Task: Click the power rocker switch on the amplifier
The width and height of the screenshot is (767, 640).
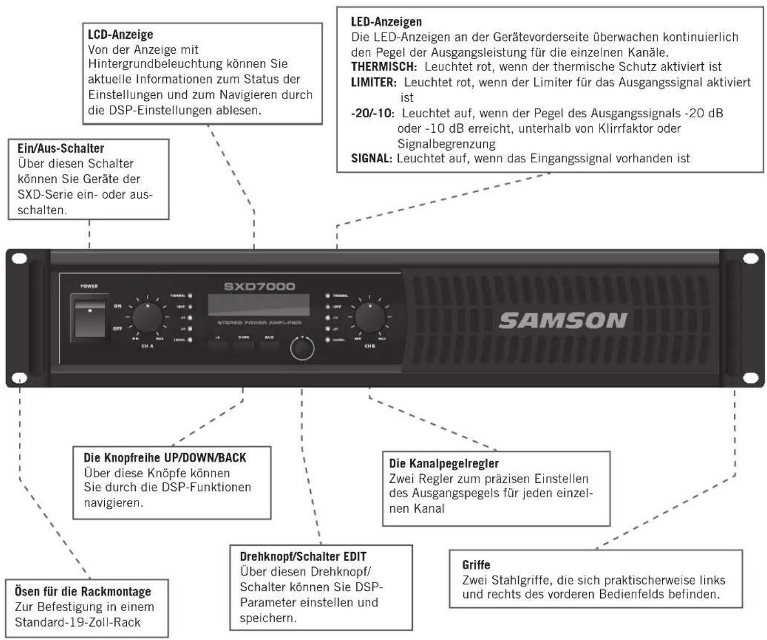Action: pyautogui.click(x=90, y=320)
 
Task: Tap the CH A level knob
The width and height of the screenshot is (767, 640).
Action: pyautogui.click(x=147, y=317)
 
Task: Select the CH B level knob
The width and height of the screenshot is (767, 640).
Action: pyautogui.click(x=370, y=317)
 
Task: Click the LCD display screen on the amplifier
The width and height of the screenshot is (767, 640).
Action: pyautogui.click(x=258, y=305)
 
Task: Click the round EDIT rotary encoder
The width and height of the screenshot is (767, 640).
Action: pyautogui.click(x=302, y=349)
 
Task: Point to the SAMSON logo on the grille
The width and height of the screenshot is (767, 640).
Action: pyautogui.click(x=563, y=321)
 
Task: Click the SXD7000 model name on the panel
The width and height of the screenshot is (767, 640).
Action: pyautogui.click(x=259, y=286)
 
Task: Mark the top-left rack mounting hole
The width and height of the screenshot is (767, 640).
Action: pyautogui.click(x=19, y=259)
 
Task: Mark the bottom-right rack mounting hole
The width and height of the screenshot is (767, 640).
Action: pyautogui.click(x=750, y=378)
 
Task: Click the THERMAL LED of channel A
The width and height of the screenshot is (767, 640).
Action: pyautogui.click(x=190, y=296)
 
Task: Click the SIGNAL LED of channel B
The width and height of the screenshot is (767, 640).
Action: pyautogui.click(x=328, y=339)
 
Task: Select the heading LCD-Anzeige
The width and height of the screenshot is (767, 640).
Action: pyautogui.click(x=120, y=34)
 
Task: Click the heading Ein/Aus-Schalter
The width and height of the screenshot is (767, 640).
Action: pyautogui.click(x=61, y=148)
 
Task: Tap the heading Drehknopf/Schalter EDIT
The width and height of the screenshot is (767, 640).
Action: pyautogui.click(x=303, y=556)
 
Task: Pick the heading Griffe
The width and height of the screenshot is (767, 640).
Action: pyautogui.click(x=476, y=565)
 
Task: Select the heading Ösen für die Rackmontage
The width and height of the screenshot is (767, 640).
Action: pyautogui.click(x=83, y=591)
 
